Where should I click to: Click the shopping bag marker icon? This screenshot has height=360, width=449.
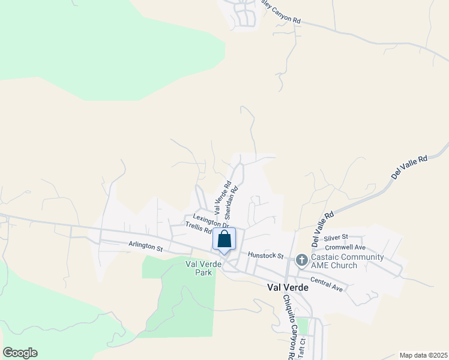pos(224,239)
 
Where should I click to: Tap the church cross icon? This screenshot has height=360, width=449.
pos(301,260)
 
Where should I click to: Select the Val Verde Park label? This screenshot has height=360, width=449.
pos(199,268)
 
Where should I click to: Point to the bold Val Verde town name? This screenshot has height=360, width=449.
pos(288,287)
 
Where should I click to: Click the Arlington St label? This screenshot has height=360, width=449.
pos(145,246)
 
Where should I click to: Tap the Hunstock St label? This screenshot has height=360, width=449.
pos(265,255)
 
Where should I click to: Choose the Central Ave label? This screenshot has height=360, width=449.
pos(327,284)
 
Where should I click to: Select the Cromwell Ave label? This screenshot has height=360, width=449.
pos(345,247)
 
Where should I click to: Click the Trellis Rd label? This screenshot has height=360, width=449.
pos(198,229)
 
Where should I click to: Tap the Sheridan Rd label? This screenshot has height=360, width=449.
pos(231,203)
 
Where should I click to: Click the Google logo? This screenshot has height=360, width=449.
pos(20,353)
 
